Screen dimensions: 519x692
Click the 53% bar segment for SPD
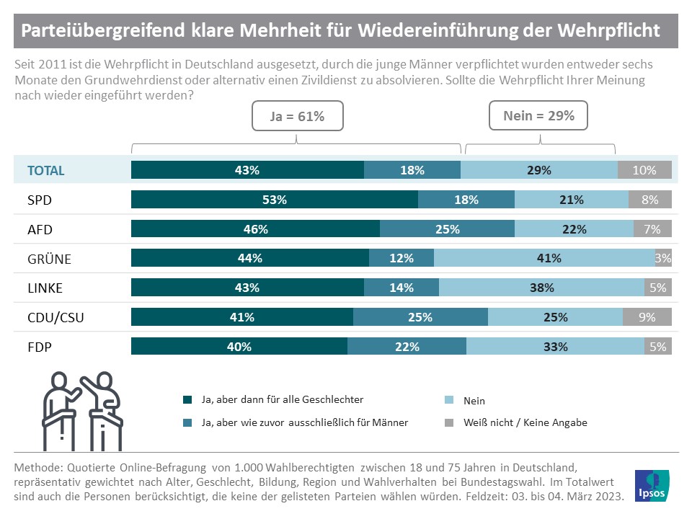click(x=274, y=200)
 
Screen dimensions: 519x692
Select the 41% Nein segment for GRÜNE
click(x=544, y=258)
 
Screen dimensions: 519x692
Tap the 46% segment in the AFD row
click(x=255, y=229)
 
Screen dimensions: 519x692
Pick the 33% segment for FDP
click(x=555, y=346)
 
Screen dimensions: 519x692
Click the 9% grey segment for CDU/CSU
click(x=647, y=316)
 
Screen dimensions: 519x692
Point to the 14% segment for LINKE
click(x=401, y=288)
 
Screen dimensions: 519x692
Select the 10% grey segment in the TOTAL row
click(x=644, y=170)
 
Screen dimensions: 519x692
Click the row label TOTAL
click(x=46, y=171)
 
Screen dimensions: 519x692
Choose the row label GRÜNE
click(x=48, y=259)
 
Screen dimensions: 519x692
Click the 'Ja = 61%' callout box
click(x=297, y=115)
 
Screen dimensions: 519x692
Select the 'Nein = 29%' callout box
click(x=537, y=115)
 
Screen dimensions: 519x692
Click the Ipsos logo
click(x=655, y=485)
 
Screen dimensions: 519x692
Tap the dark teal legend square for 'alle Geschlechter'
click(x=187, y=399)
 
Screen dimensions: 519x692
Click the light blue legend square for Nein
click(x=449, y=400)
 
